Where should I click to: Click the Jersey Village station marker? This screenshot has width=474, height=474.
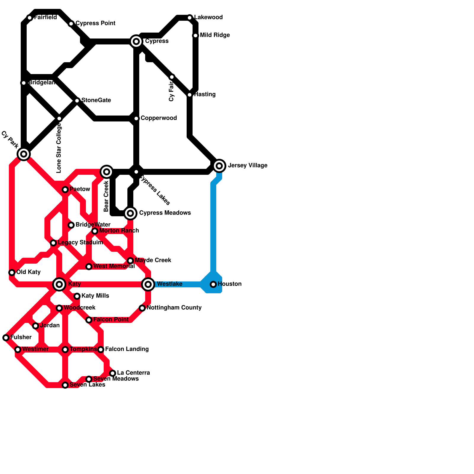[x=219, y=166]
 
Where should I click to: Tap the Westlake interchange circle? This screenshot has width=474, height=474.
[x=148, y=284]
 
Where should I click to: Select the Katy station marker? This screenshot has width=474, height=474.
[x=59, y=284]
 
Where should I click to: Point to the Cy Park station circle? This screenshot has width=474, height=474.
[x=24, y=154]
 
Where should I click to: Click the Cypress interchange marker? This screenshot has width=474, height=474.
[x=136, y=41]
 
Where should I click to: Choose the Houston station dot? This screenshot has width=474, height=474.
[x=213, y=284]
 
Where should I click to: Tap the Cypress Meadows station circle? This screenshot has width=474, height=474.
[x=130, y=213]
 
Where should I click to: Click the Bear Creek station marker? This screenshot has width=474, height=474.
[x=107, y=172]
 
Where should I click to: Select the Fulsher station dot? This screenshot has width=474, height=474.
[x=6, y=338]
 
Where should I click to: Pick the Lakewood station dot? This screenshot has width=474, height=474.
[x=190, y=18]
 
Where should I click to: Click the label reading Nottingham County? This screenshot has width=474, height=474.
[x=174, y=308]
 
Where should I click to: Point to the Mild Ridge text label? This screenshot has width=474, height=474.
[x=215, y=35]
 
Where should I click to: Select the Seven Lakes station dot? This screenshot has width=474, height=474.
[x=65, y=385]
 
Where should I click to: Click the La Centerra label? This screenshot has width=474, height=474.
[x=133, y=373]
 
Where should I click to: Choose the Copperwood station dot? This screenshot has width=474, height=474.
[x=136, y=118]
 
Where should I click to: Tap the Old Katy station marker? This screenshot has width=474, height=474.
[x=12, y=273]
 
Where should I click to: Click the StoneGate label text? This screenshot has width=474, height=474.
[x=96, y=100]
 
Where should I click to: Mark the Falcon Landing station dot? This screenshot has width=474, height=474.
[x=101, y=350]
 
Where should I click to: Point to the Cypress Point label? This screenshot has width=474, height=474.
[x=95, y=23]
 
